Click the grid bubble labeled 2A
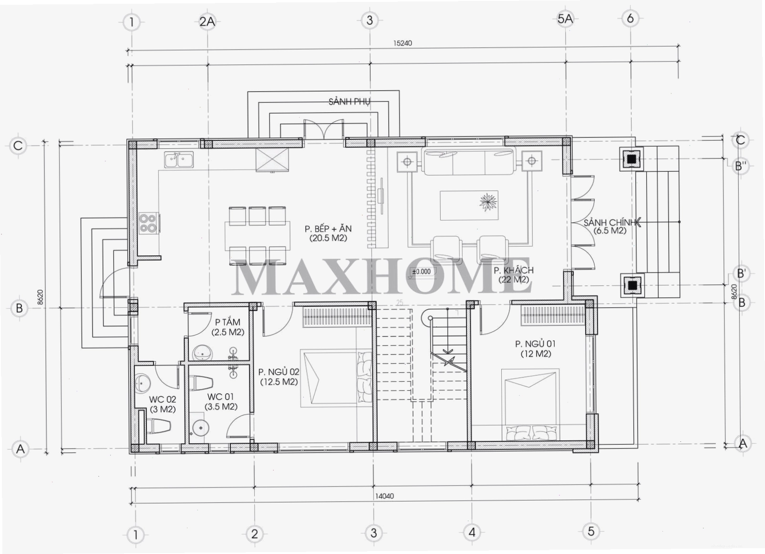click(x=207, y=21)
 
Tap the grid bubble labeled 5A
click(x=565, y=19)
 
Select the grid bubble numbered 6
click(x=631, y=18)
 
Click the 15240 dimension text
click(x=403, y=43)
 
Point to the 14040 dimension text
click(x=384, y=496)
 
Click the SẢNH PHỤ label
click(x=350, y=102)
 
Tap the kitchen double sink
click(x=179, y=160)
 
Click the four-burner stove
click(x=149, y=223)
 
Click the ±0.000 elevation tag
click(x=422, y=272)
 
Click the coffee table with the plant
click(x=469, y=205)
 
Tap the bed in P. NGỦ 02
click(x=336, y=378)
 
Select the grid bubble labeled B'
click(x=741, y=273)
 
